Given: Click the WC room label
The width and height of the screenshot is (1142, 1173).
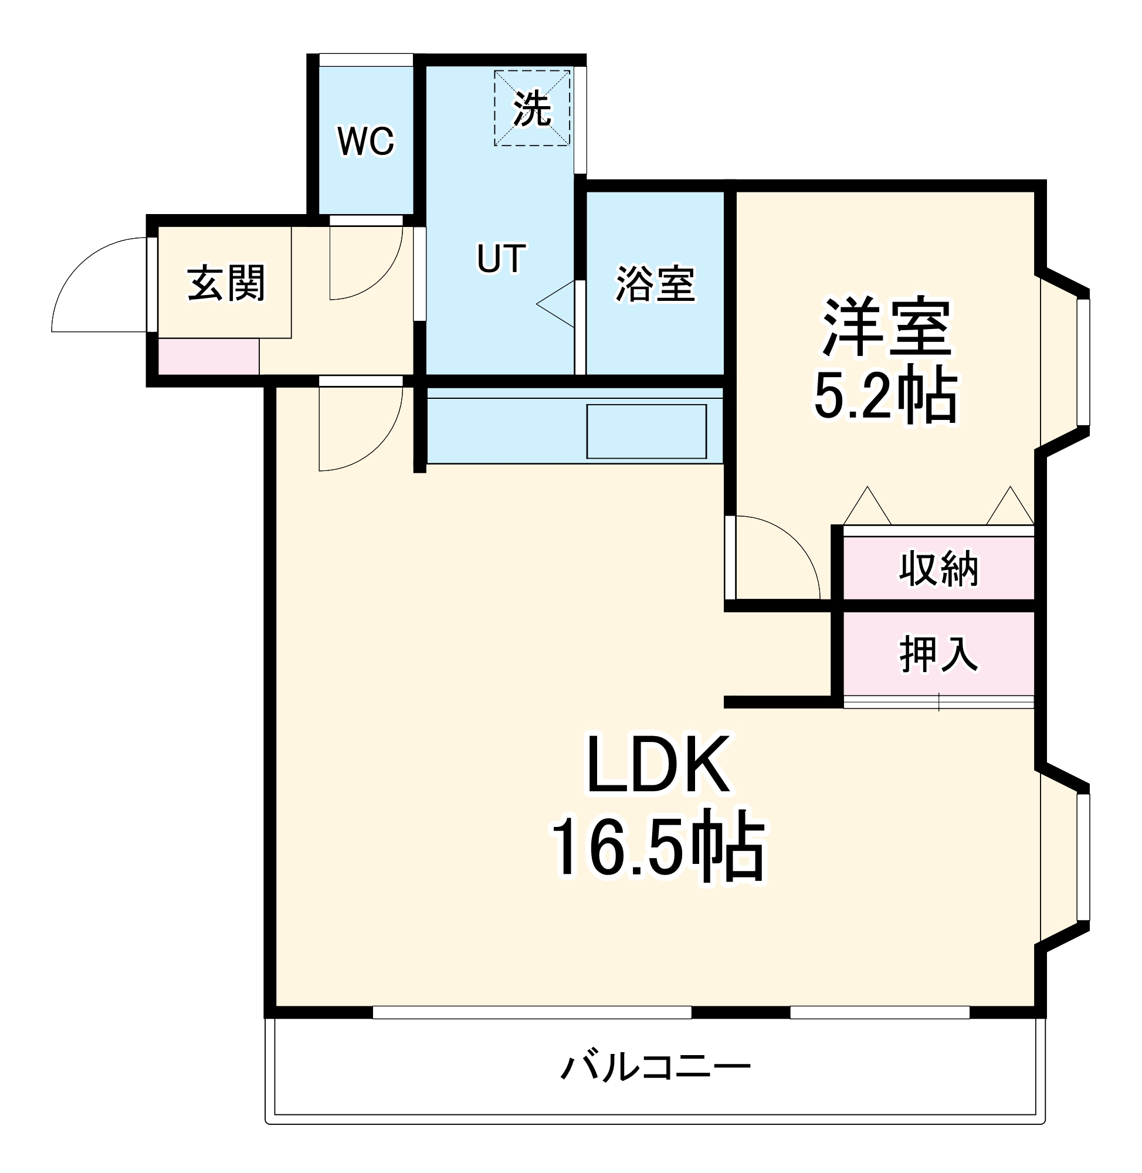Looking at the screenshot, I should click(x=366, y=141).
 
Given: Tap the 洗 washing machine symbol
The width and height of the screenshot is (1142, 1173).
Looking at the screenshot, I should click(x=531, y=109).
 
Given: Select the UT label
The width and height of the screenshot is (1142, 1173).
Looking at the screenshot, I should click(x=501, y=259).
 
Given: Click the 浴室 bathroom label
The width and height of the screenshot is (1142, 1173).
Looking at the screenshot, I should click(x=656, y=283).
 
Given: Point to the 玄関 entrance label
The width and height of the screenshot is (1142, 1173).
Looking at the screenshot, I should click(x=225, y=283).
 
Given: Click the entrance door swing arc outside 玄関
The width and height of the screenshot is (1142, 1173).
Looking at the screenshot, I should click(x=84, y=270).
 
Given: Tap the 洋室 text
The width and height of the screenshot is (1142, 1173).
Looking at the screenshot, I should click(x=886, y=327).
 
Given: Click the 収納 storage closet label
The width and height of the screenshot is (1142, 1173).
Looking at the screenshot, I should click(x=938, y=568).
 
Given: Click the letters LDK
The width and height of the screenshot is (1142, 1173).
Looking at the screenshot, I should click(x=658, y=765).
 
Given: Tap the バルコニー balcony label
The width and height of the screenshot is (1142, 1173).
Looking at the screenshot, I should click(x=656, y=1067).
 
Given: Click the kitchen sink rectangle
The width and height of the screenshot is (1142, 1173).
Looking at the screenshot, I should click(x=646, y=432).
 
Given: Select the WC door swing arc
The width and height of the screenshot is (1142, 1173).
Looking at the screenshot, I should click(x=378, y=276).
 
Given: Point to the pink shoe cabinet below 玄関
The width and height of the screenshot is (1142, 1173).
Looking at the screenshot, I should click(x=208, y=356).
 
